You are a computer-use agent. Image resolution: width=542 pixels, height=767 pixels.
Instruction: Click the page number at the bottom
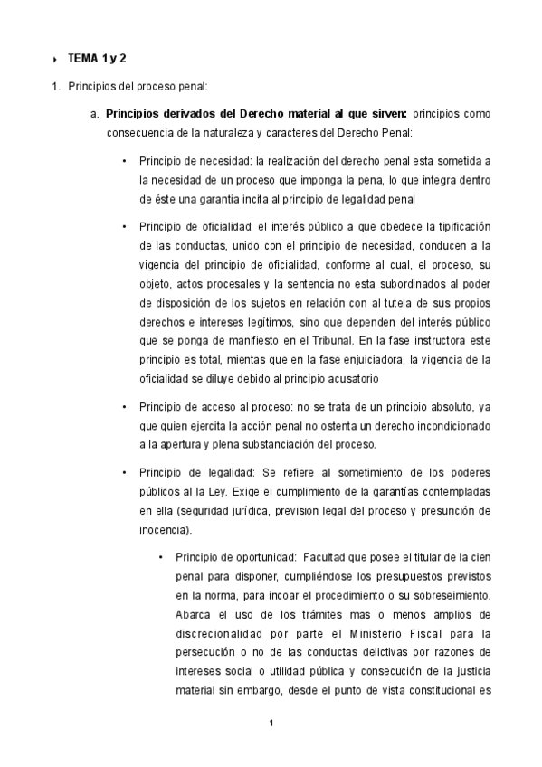271,723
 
